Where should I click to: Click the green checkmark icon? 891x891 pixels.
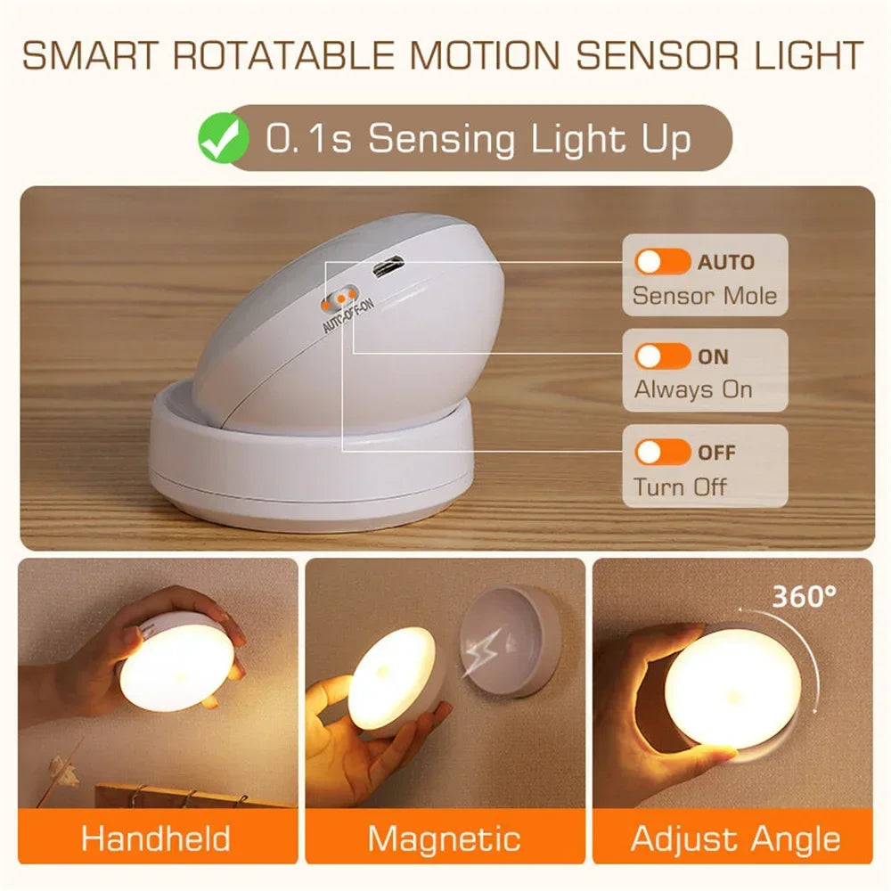click(x=223, y=140)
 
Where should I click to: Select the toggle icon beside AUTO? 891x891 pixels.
click(x=662, y=262)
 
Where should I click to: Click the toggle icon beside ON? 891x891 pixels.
click(x=662, y=356)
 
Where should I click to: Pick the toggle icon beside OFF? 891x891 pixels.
click(x=662, y=452)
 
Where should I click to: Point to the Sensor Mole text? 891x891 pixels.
click(x=704, y=295)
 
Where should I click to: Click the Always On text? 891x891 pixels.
click(x=693, y=389)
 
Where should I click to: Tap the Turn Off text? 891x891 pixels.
click(x=680, y=486)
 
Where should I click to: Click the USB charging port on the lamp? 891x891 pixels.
click(x=389, y=267)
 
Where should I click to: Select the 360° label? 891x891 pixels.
click(x=804, y=596)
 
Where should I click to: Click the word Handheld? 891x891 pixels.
click(x=156, y=838)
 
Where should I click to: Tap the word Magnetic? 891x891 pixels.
click(x=444, y=838)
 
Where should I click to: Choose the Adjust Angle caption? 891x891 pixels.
click(x=735, y=838)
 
